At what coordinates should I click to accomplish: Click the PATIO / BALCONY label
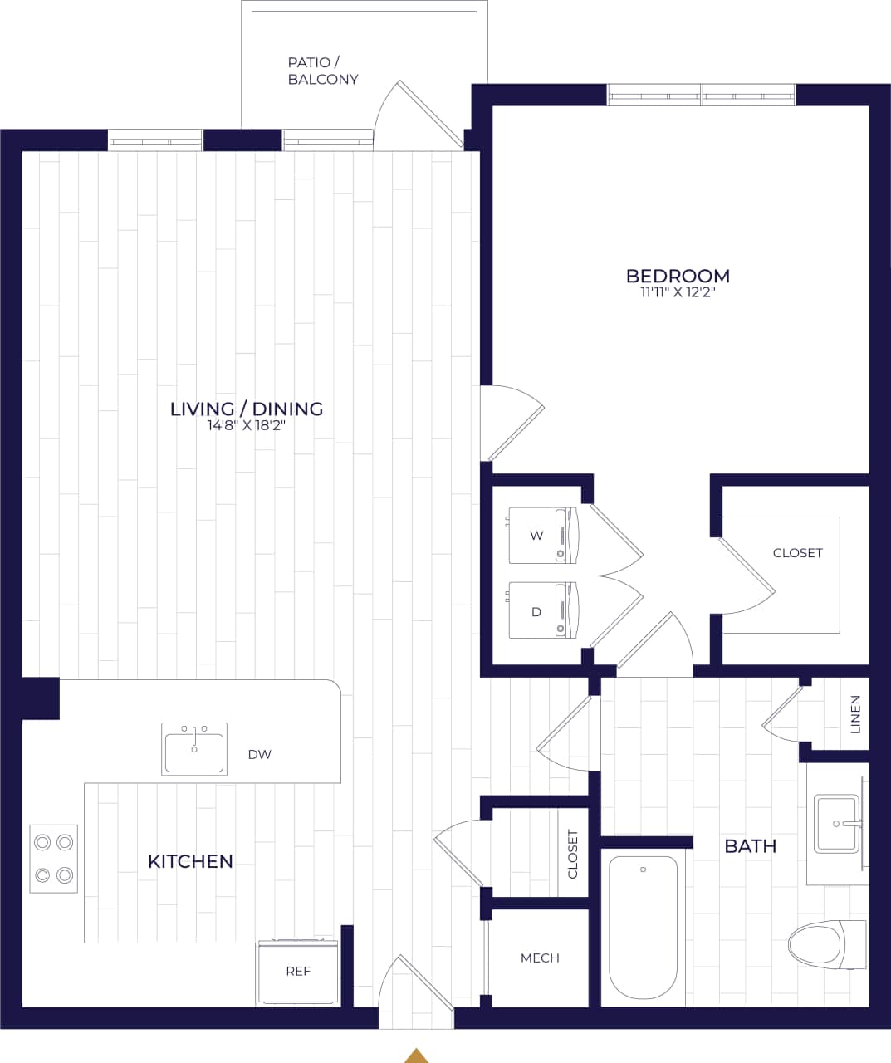point(323,71)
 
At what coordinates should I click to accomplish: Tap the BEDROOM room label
point(678,275)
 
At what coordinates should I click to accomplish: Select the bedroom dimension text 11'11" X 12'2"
point(678,292)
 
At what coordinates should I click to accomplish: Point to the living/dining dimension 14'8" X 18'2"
point(247,425)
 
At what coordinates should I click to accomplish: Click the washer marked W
point(541,535)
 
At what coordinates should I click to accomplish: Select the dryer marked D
point(541,610)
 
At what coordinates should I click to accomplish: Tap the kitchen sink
point(194,749)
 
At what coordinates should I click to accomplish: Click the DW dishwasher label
point(259,755)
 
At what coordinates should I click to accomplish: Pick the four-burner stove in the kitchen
point(54,859)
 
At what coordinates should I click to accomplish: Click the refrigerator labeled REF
point(298,971)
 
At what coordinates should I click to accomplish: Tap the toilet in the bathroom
point(827,944)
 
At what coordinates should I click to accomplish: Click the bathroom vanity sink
point(835,824)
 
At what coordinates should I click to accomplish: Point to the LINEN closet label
point(855,713)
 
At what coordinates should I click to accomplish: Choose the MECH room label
point(540,958)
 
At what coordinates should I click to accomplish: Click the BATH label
point(750,846)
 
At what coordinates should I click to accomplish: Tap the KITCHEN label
point(190,861)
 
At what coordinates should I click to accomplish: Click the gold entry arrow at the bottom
point(416,1056)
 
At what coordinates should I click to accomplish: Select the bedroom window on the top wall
point(701,96)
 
